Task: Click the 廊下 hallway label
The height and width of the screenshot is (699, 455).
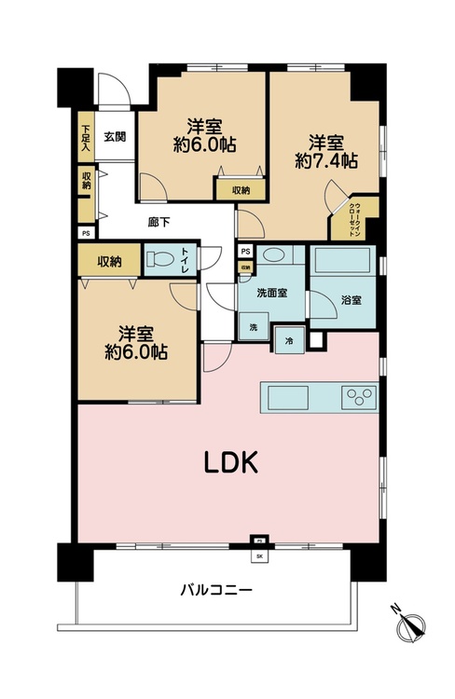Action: (x=159, y=222)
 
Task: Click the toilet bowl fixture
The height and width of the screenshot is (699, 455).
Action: (x=159, y=260)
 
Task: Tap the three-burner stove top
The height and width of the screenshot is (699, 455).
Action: (x=358, y=398)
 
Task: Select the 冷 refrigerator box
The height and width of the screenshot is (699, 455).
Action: (x=288, y=342)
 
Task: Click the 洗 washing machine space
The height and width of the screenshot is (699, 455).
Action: (x=252, y=326)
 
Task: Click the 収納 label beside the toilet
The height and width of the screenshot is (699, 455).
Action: (x=109, y=261)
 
